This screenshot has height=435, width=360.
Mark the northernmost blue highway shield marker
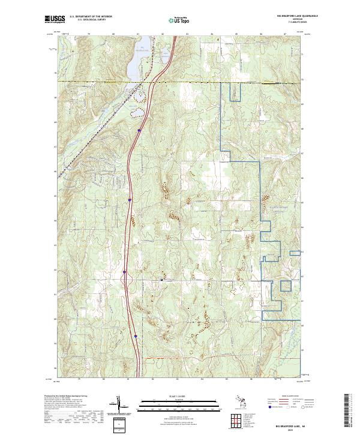(x=139, y=129)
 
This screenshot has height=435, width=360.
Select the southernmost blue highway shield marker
(x=136, y=337)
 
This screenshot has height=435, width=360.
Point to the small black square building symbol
(x=161, y=280)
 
